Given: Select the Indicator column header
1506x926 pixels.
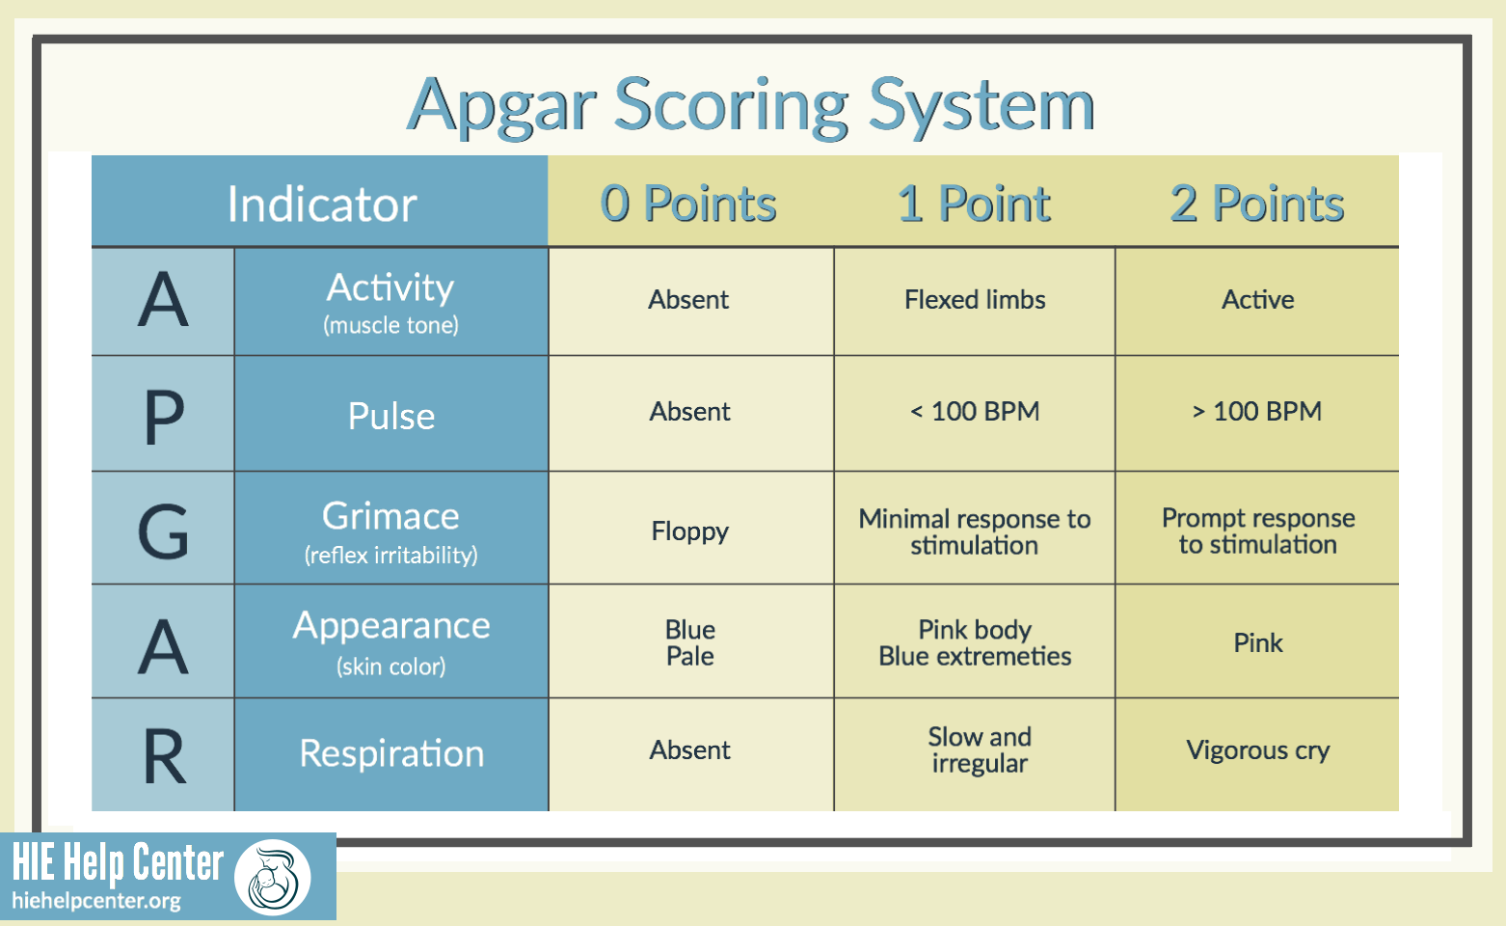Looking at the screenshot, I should pyautogui.click(x=321, y=204).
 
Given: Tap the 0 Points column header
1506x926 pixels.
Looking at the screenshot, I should pyautogui.click(x=688, y=204).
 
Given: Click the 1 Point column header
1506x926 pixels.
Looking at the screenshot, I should pyautogui.click(x=974, y=204).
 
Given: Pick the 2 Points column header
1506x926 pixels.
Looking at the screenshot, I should pyautogui.click(x=1257, y=204).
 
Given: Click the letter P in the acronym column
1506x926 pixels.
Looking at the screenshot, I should pyautogui.click(x=163, y=418).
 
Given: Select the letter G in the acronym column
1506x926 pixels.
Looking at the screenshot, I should pyautogui.click(x=163, y=531).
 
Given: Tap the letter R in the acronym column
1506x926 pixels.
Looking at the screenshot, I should pyautogui.click(x=163, y=757).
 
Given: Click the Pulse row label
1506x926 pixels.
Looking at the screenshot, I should pyautogui.click(x=390, y=416).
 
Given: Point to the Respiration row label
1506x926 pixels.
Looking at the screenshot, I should pyautogui.click(x=390, y=753).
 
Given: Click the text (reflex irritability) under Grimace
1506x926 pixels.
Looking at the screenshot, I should pyautogui.click(x=390, y=556).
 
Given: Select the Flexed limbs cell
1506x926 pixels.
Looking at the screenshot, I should pyautogui.click(x=974, y=300).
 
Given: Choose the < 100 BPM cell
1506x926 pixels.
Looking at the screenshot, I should pyautogui.click(x=974, y=412).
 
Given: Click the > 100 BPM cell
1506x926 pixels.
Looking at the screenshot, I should pyautogui.click(x=1257, y=412).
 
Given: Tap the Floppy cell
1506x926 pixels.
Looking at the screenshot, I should pyautogui.click(x=689, y=531).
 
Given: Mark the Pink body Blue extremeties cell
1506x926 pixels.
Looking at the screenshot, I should pyautogui.click(x=974, y=643).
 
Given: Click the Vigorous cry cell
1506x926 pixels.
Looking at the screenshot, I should pyautogui.click(x=1257, y=750).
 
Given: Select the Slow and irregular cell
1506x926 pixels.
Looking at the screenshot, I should pyautogui.click(x=979, y=750).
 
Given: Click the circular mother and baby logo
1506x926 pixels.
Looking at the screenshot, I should pyautogui.click(x=272, y=878).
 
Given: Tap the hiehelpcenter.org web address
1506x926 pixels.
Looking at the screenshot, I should pyautogui.click(x=96, y=901).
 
